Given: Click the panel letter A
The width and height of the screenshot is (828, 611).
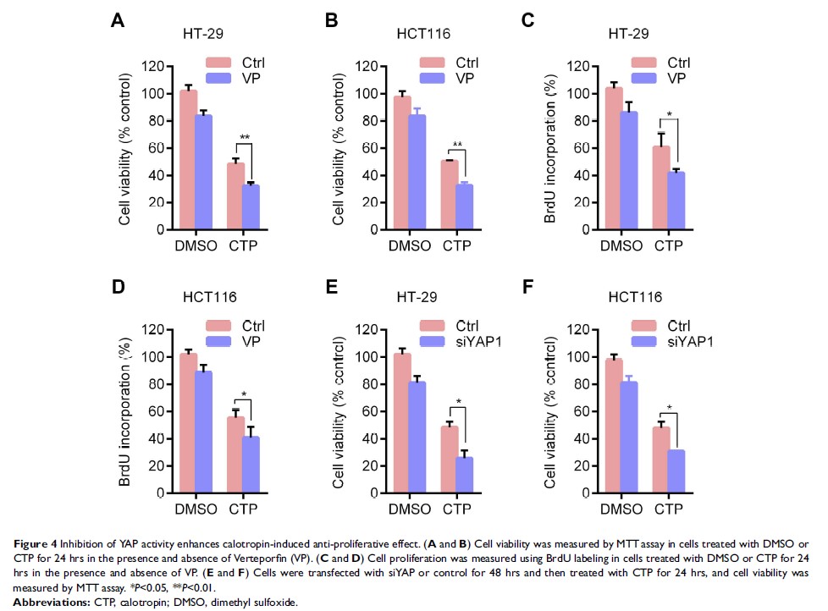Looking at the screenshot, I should (x=119, y=21).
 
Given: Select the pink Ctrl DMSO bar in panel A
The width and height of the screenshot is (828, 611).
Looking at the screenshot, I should (x=189, y=160).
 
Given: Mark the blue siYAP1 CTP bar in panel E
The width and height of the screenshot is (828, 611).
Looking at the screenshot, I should (x=464, y=475).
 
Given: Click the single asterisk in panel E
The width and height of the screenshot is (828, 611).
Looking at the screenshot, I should (x=458, y=401).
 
